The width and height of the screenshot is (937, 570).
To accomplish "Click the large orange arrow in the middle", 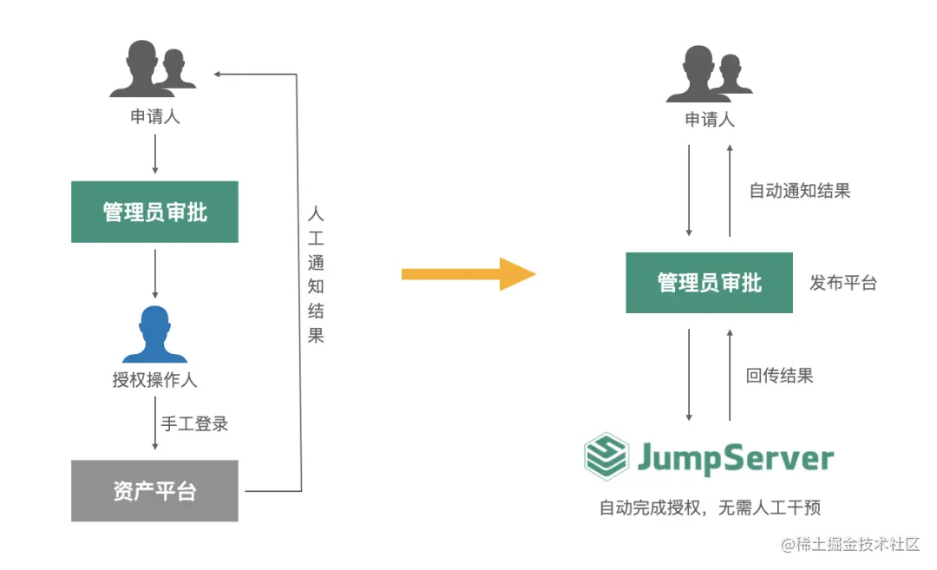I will click(468, 274).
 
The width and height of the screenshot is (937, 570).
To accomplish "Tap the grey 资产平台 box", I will click(154, 491).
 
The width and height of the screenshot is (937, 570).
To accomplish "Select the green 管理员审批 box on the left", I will click(154, 212).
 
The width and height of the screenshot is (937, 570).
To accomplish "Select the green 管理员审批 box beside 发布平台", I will click(709, 283).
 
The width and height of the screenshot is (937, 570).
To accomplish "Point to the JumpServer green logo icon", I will click(606, 456).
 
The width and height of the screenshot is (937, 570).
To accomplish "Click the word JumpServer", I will click(735, 457).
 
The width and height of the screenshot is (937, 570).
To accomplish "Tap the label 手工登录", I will click(194, 424).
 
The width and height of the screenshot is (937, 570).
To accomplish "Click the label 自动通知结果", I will click(800, 191).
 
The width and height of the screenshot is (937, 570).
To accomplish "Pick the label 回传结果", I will click(780, 376).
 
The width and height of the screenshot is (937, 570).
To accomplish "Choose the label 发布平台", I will click(843, 283).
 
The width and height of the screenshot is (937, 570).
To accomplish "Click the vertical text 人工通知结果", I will click(316, 273).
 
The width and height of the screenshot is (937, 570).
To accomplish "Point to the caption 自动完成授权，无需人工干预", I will click(709, 508).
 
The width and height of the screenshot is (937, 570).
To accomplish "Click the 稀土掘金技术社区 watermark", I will click(850, 545).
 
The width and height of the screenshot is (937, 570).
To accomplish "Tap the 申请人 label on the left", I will click(155, 116).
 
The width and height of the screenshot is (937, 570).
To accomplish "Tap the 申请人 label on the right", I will click(710, 120).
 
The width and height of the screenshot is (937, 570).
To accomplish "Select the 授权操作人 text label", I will click(154, 379).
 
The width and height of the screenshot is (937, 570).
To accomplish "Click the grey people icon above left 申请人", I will click(153, 69).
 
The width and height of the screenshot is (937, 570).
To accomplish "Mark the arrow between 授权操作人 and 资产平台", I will click(155, 423).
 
